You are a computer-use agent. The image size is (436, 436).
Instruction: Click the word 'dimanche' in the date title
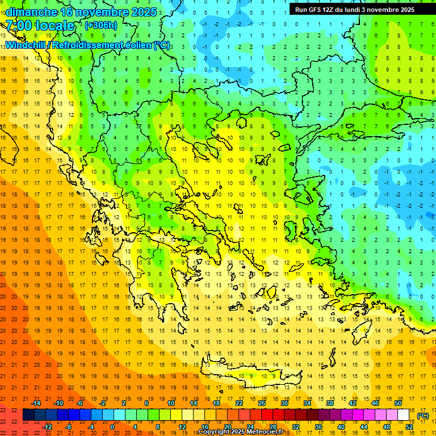pos(32,12)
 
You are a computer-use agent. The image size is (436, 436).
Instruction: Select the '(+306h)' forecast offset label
pos(101,25)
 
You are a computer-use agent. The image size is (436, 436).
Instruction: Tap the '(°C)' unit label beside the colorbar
pos(423,416)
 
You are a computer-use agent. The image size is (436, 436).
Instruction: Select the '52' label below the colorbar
pos(409,427)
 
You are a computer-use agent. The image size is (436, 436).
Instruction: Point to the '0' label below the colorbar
pos(113,427)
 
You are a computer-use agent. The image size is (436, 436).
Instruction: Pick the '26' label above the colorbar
pos(262,403)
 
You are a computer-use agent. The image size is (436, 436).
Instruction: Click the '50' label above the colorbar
pos(397,403)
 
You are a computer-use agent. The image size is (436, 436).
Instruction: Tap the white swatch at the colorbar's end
pos(403,415)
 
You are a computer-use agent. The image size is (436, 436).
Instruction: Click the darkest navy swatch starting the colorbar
pos(28,415)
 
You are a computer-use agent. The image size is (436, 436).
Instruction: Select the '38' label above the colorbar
pos(330,403)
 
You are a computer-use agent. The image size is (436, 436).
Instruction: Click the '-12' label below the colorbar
pos(47,427)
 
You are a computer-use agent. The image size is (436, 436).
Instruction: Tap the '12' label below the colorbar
pos(182,427)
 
